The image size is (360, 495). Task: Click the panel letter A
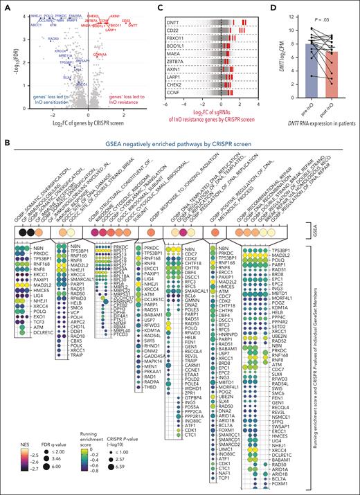click(6, 6)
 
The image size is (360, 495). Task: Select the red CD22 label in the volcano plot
click(126, 20)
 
